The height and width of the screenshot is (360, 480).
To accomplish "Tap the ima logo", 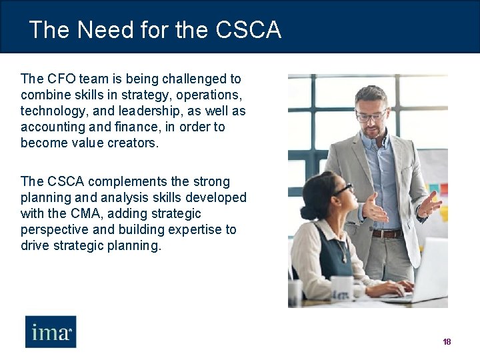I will pos(51,331).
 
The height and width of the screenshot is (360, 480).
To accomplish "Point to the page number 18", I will pos(447,342).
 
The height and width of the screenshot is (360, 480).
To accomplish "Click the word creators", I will pos(133,143).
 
